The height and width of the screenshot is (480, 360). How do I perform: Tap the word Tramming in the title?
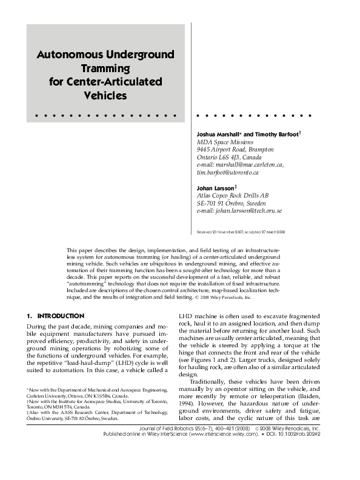pyautogui.click(x=106, y=68)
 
